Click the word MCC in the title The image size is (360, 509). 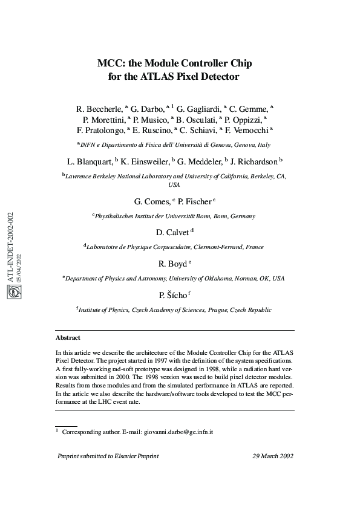110,63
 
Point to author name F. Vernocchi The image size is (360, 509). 249,129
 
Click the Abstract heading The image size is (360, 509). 68,337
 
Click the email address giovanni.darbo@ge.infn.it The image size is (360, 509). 178,433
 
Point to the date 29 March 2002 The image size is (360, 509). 273,456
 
